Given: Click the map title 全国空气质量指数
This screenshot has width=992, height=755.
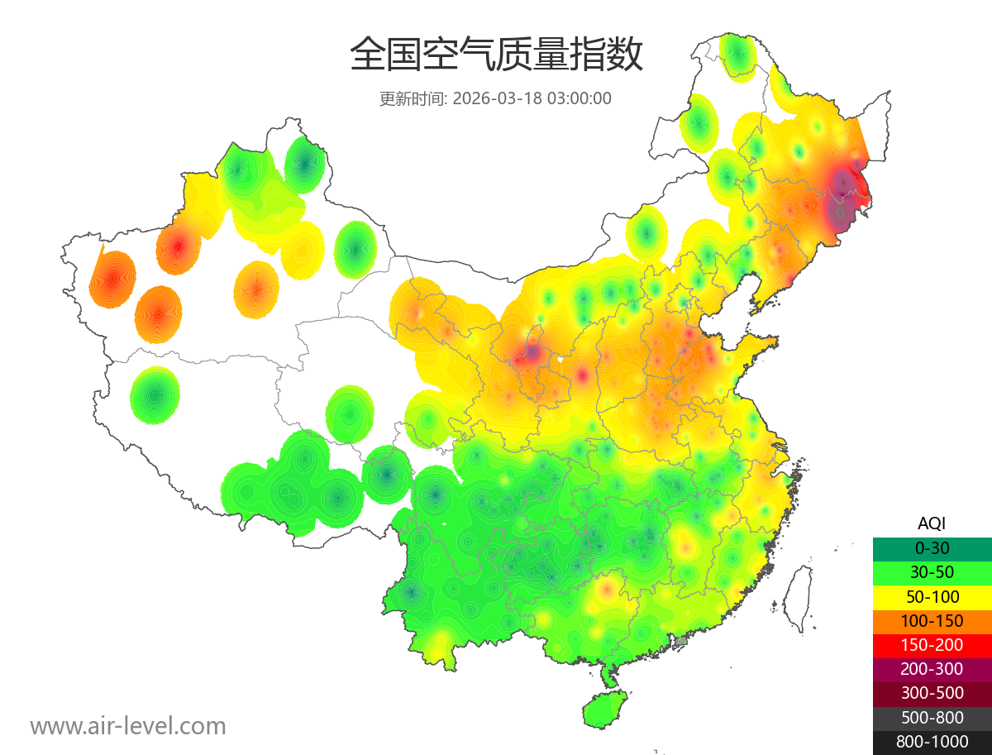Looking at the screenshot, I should [496, 55].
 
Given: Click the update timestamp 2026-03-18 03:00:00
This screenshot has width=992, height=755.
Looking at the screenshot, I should [532, 98].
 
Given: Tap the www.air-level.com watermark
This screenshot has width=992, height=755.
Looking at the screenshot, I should [128, 726].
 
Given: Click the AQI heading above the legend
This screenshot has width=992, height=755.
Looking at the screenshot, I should [932, 523].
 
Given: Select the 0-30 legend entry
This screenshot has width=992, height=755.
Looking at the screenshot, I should [932, 547].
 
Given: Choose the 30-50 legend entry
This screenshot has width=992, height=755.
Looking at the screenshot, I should [932, 571].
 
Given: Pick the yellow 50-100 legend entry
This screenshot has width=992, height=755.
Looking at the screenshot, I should [932, 596].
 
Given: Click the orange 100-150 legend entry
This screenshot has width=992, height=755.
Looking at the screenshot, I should [932, 620].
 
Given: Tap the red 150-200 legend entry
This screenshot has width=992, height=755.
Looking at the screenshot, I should [932, 644].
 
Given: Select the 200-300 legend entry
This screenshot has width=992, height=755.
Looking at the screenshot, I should [932, 669].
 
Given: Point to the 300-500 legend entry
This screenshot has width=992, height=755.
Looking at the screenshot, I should [932, 693].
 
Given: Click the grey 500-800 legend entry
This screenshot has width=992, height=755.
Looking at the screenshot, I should [932, 718].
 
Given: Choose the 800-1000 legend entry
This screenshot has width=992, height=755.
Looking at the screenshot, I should [932, 742].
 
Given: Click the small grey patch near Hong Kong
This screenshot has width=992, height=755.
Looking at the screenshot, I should [681, 641].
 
